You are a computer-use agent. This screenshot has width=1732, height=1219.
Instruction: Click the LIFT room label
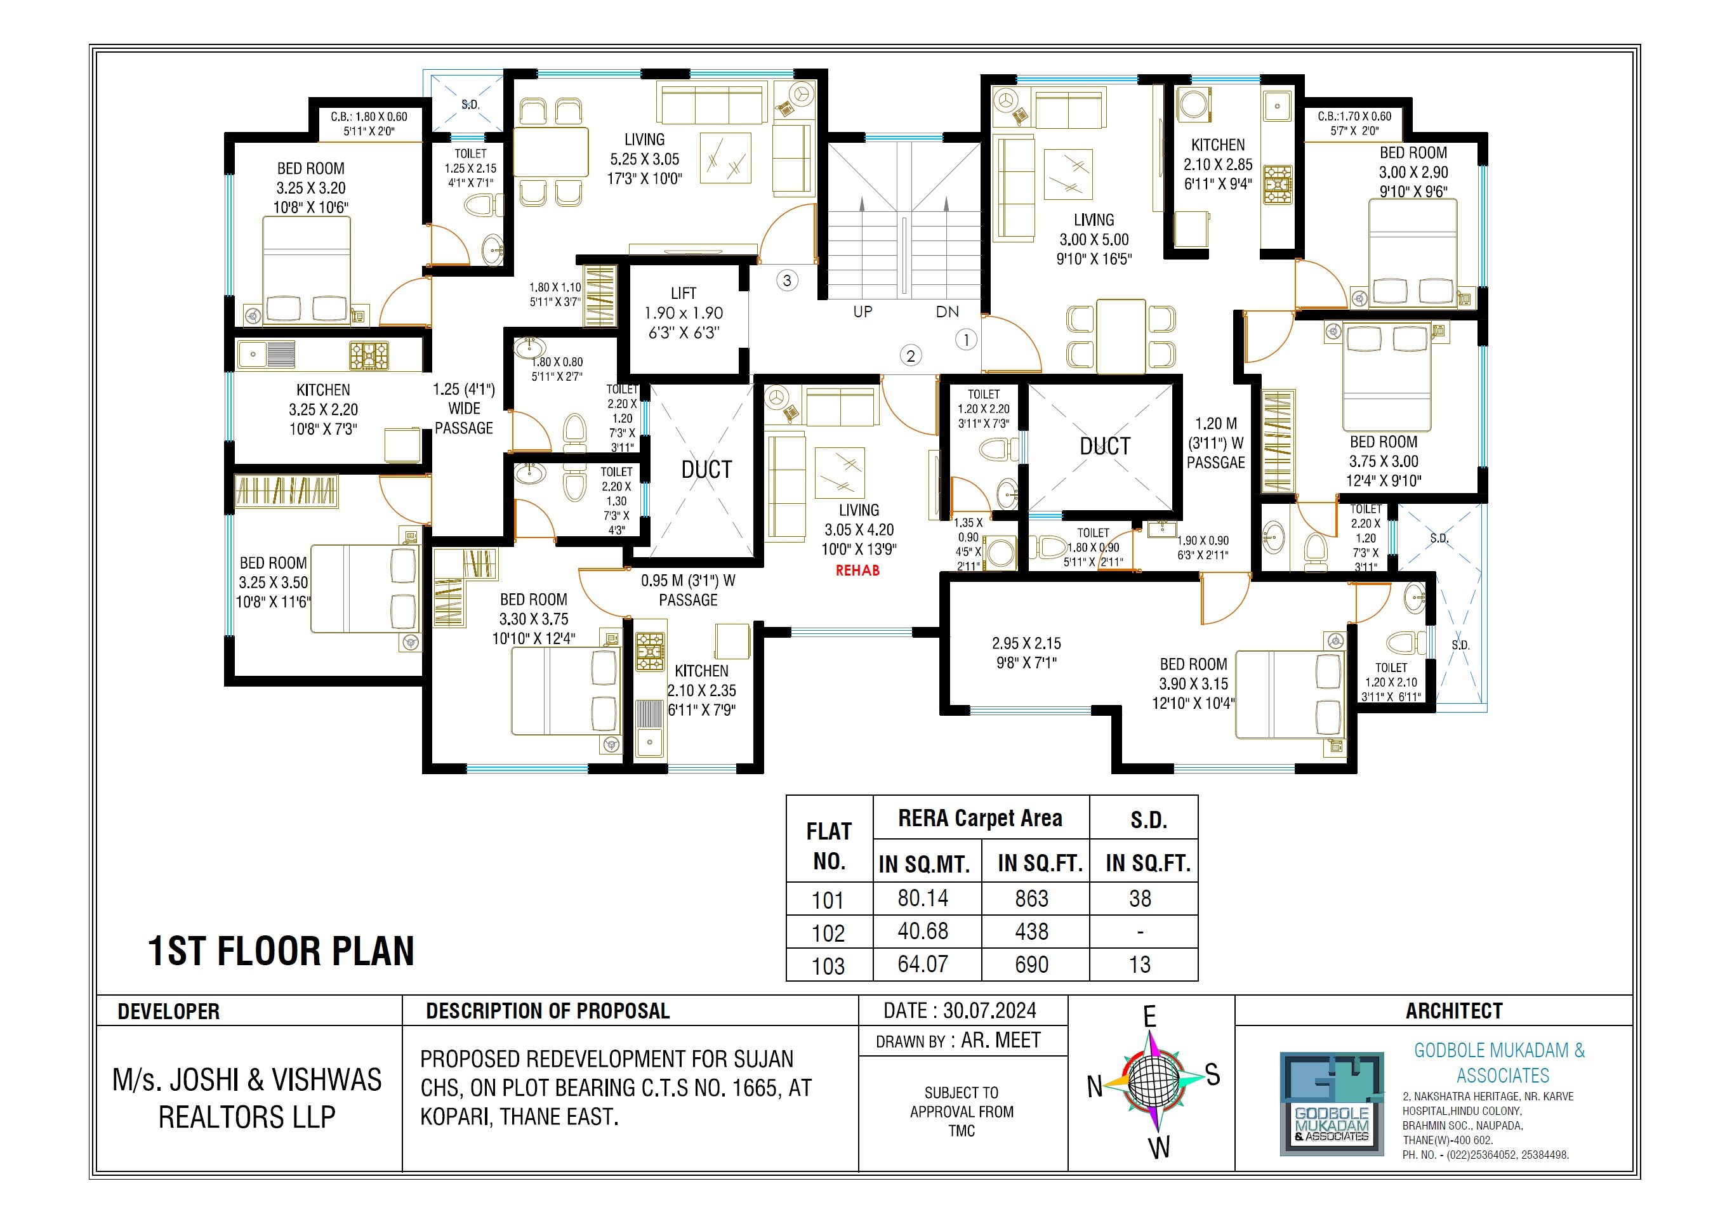click(684, 312)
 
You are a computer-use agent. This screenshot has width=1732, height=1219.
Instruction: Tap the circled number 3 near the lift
click(787, 280)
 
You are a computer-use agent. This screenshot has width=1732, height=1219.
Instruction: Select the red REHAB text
click(857, 571)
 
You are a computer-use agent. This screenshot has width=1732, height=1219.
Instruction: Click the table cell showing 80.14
click(923, 899)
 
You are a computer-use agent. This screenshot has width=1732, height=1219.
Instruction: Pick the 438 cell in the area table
click(1031, 932)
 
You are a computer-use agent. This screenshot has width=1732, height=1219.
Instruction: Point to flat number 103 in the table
click(828, 966)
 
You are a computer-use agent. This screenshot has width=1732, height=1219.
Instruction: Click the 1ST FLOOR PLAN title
click(281, 951)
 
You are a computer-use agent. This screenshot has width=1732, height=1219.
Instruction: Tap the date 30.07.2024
click(960, 1011)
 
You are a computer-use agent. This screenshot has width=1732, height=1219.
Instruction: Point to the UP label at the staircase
click(863, 312)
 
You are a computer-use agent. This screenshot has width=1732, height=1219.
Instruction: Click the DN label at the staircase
click(948, 312)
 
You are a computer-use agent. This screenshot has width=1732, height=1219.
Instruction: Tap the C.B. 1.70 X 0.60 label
click(1354, 123)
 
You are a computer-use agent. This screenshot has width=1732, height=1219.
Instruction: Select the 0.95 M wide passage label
click(688, 590)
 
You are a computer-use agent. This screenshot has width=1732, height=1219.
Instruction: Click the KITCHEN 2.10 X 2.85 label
click(1217, 164)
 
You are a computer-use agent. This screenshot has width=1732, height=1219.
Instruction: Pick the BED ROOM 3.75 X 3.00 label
click(1384, 461)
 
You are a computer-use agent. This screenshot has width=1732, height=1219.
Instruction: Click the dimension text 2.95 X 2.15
click(1026, 652)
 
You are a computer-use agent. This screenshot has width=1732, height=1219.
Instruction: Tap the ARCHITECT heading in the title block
click(1453, 1011)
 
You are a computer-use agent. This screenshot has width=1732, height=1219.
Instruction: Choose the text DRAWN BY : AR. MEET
click(958, 1041)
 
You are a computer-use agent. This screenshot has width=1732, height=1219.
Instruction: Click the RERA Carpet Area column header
click(980, 819)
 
